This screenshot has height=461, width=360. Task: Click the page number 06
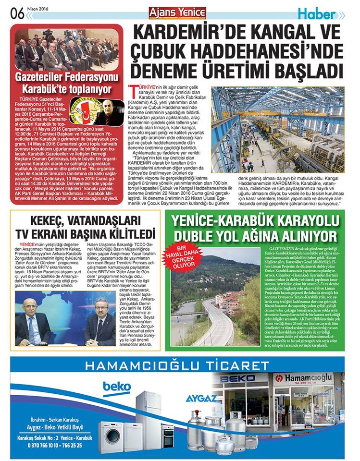pyautogui.click(x=16, y=13)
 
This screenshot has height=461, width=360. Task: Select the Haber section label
pyautogui.click(x=318, y=14)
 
